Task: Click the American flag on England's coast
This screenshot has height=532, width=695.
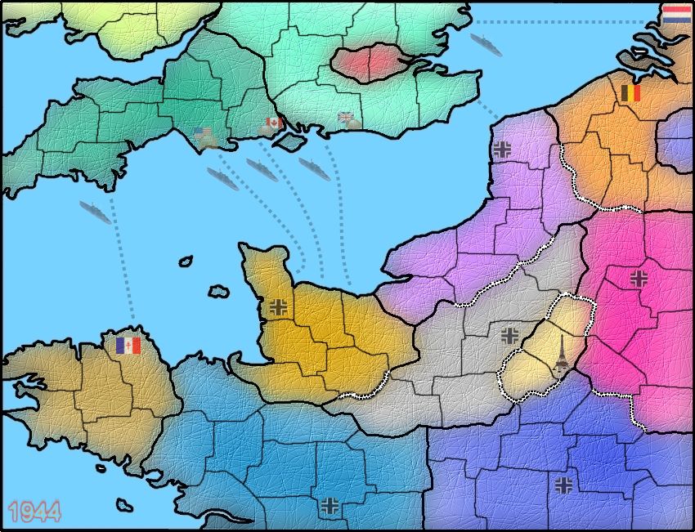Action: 203,133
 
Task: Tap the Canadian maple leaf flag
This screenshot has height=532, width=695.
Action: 274,123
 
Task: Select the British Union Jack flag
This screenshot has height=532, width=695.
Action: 347,118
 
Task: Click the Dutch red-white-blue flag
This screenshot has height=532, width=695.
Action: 676,14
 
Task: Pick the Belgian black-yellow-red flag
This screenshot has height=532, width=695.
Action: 630,92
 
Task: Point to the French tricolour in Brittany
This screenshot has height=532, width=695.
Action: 128,346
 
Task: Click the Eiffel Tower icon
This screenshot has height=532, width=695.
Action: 561,352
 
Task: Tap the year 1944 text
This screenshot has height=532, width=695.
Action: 35,512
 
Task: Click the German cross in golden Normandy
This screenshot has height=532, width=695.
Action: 279,307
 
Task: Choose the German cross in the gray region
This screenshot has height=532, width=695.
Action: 510,334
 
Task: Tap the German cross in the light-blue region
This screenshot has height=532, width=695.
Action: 330,504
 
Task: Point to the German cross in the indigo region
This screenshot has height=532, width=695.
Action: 564,485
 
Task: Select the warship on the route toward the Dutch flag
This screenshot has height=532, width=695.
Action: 486,43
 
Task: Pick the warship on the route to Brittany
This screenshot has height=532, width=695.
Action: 96,212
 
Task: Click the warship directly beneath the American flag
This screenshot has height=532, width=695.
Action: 222,178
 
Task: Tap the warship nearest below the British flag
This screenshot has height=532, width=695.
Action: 314,169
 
